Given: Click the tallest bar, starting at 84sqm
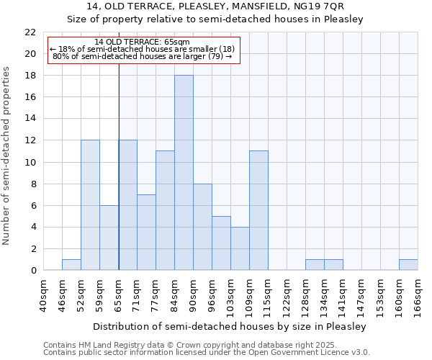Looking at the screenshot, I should [x=184, y=173].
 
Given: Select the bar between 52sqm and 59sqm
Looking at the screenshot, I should [x=90, y=205].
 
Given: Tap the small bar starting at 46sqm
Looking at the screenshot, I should [x=71, y=265].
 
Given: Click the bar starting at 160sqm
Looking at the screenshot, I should [x=408, y=265].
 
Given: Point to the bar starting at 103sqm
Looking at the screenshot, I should [x=240, y=248].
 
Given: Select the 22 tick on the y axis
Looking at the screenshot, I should [x=30, y=32].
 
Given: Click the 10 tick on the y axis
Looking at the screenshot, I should [x=30, y=162].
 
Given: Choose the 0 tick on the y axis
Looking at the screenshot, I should [x=33, y=271].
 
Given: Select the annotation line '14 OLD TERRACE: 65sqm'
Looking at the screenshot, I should [x=142, y=42].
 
